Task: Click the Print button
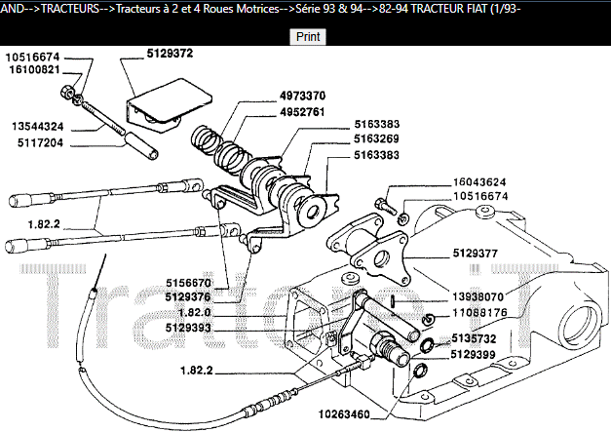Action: [x=308, y=36]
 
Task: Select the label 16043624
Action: [x=479, y=182]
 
